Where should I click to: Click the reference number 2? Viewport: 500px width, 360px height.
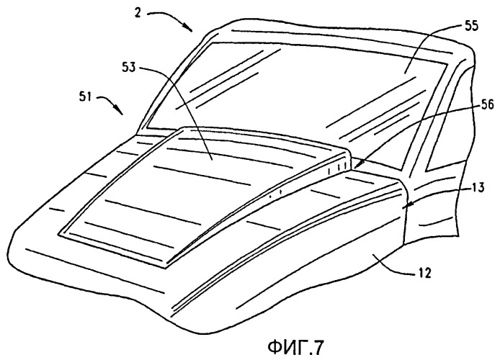(138, 14)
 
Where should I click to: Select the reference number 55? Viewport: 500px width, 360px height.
(471, 26)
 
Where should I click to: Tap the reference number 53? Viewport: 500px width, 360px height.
(128, 67)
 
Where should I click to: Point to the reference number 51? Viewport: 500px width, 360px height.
(85, 96)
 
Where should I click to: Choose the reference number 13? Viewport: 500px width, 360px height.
(478, 187)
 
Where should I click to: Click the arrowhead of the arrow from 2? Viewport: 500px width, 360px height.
(189, 28)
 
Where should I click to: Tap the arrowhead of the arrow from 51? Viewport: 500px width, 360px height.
(120, 111)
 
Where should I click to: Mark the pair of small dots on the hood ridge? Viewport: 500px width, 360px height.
(275, 193)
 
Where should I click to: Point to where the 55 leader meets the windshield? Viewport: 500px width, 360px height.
(405, 73)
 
